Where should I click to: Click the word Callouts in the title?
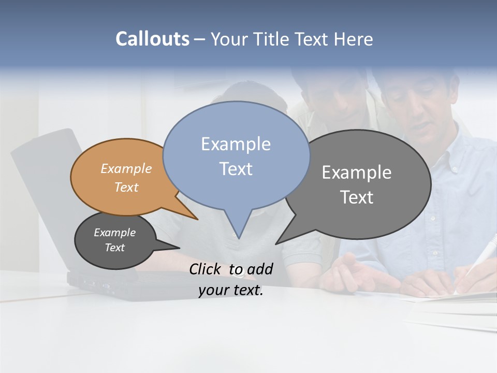[x=152, y=39]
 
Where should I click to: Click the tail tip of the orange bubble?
[x=197, y=219]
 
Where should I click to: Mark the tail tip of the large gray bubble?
[x=276, y=243]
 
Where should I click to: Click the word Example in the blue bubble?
[x=236, y=144]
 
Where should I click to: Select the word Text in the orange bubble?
[x=126, y=187]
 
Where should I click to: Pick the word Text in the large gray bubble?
[x=357, y=197]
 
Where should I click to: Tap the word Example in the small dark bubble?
[x=114, y=233]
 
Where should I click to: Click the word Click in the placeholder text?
[x=206, y=269]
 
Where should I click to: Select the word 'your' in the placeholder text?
[x=214, y=291]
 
